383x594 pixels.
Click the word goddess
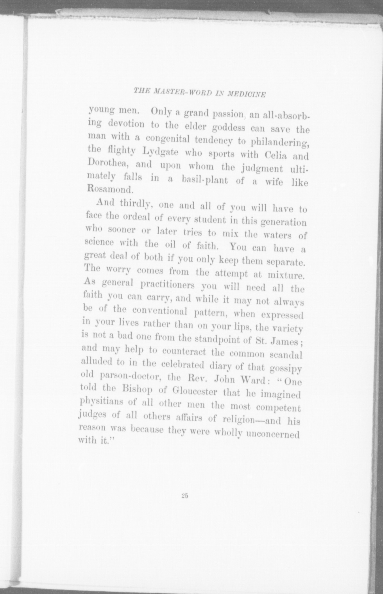[x=229, y=128]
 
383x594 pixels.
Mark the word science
[x=99, y=242]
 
